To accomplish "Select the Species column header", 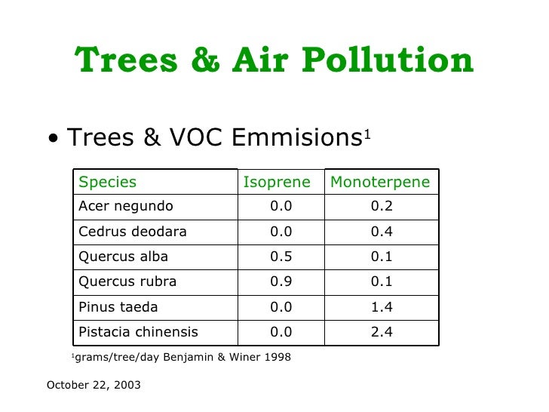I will (108, 182).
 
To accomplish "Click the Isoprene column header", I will (277, 182).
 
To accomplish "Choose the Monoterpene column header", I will (380, 182).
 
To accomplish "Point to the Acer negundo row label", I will (126, 206).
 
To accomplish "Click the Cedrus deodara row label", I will (133, 232).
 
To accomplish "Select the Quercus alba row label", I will (124, 257).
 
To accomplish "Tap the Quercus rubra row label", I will (127, 281).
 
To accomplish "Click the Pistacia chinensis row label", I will (139, 332).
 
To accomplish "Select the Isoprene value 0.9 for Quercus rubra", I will (281, 281).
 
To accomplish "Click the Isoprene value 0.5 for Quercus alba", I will (281, 257).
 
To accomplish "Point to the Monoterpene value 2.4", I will (382, 332).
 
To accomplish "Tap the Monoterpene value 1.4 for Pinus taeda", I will (382, 307).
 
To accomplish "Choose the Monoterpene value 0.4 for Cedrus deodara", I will (382, 232).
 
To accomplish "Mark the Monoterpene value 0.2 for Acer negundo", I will (382, 206).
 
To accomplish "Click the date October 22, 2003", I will (94, 385).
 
